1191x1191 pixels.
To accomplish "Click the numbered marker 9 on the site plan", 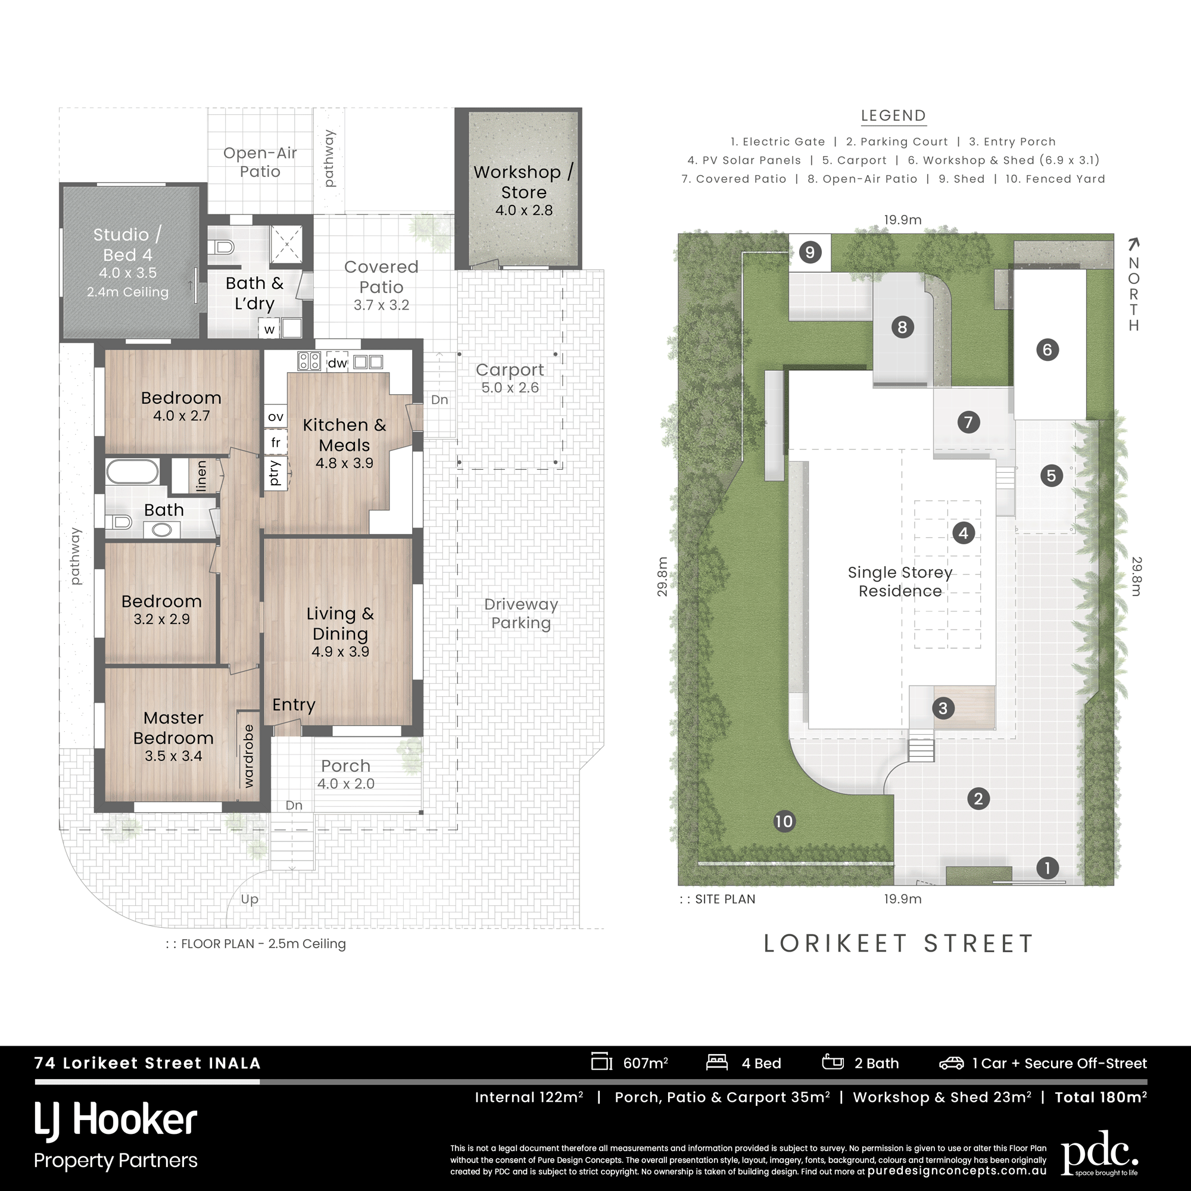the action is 810,252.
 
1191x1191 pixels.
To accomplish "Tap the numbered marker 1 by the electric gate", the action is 1047,868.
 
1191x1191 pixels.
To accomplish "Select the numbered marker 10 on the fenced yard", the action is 784,821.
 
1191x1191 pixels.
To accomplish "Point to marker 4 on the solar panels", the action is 964,532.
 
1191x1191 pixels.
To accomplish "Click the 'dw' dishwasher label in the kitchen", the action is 337,363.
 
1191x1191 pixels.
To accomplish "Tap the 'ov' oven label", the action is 276,417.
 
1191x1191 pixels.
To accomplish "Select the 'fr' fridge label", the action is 276,442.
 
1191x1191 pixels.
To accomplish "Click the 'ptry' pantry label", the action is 275,473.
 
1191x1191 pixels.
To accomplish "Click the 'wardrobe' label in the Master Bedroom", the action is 248,756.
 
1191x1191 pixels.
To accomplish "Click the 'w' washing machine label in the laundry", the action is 269,330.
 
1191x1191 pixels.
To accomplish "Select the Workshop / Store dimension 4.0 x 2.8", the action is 524,210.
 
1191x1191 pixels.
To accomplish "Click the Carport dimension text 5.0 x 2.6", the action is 510,388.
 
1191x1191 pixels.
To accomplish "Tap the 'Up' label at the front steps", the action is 250,899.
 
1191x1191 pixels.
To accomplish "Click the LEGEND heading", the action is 893,116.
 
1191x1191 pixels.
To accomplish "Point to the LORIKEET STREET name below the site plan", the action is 898,944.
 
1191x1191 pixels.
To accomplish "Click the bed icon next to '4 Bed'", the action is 717,1063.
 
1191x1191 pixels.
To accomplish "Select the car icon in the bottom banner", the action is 951,1064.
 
